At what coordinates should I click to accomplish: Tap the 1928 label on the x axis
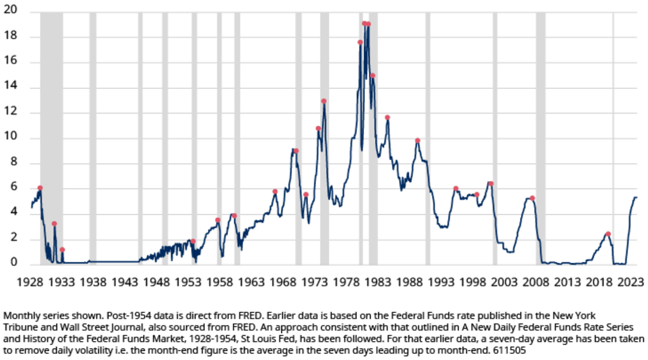pos(30,282)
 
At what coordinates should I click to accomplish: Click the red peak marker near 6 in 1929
pos(40,188)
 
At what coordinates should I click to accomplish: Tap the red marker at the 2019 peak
pos(608,234)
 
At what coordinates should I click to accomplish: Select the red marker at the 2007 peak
pos(532,198)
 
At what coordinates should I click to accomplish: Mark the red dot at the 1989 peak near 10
pos(417,140)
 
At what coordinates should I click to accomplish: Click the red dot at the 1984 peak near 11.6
pos(387,117)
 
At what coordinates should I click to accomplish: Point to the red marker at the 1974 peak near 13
pos(323,101)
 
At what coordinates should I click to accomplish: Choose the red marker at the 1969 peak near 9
pos(296,151)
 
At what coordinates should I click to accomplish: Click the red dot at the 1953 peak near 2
pos(193,241)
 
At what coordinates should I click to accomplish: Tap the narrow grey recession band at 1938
pos(93,137)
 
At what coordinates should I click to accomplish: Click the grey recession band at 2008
pos(540,137)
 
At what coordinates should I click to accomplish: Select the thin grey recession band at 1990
pos(428,137)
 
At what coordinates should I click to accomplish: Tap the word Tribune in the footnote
pos(19,326)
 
